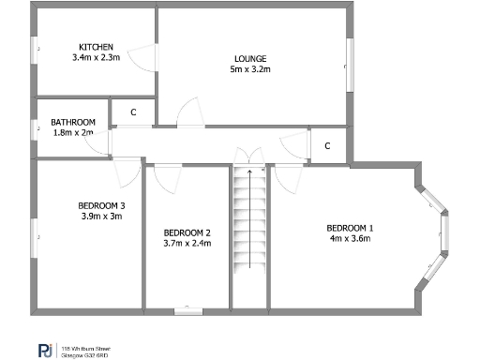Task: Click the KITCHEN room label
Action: click(x=97, y=47)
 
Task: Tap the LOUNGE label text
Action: click(x=248, y=58)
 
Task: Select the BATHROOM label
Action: click(x=73, y=122)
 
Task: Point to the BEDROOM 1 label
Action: click(x=350, y=228)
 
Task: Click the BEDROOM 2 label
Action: click(x=187, y=232)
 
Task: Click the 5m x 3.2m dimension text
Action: click(x=248, y=68)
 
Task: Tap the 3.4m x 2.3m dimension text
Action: click(x=97, y=57)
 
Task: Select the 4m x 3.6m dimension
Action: click(x=350, y=238)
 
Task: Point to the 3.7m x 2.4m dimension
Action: click(x=187, y=243)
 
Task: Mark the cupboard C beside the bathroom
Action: click(x=133, y=112)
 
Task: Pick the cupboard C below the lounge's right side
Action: click(x=327, y=146)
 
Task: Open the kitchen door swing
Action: click(x=141, y=58)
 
